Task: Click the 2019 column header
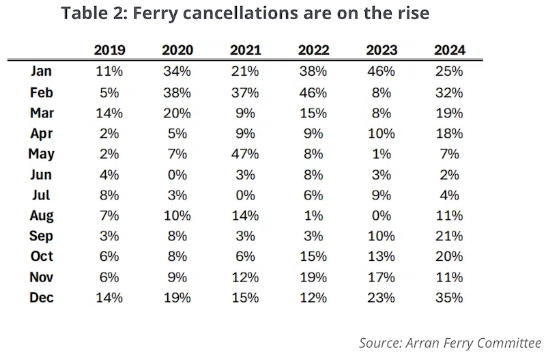[x=109, y=50]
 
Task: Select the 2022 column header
[x=313, y=50]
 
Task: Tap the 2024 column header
[x=450, y=50]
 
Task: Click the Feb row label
[x=42, y=92]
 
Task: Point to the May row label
[x=42, y=154]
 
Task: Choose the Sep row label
[x=41, y=236]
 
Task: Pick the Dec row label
[x=42, y=298]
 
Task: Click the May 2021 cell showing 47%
[x=245, y=154]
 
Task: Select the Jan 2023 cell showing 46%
[x=382, y=72]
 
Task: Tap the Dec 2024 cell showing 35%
[x=449, y=298]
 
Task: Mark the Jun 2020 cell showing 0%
[x=177, y=175]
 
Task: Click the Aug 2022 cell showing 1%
[x=313, y=216]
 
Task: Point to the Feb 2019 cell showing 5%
[x=109, y=92]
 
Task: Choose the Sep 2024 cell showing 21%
[x=449, y=236]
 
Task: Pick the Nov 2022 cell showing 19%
[x=313, y=277]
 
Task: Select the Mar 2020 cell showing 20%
[x=177, y=113]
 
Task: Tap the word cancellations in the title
[x=241, y=13]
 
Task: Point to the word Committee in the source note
[x=509, y=343]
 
